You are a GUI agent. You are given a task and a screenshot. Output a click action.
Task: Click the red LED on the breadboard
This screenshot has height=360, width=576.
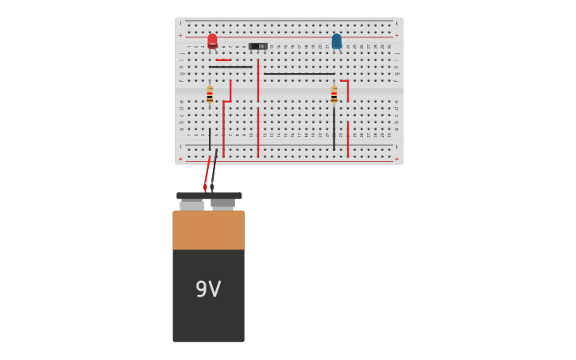tap(212, 41)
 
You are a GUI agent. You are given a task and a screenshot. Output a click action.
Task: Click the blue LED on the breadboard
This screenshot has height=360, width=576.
tap(337, 41)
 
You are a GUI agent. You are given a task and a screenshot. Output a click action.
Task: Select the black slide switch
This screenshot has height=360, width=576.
tap(257, 46)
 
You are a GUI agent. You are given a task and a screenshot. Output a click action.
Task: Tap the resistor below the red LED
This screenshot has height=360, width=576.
tap(210, 95)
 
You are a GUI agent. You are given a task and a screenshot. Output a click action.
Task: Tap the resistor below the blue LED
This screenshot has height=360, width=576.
tap(334, 95)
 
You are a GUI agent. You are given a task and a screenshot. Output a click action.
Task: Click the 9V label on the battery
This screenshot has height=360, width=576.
tap(208, 289)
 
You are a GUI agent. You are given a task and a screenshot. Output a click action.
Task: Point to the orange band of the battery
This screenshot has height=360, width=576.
tap(208, 230)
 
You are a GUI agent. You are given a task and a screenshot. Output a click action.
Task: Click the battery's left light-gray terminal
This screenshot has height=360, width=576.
tap(191, 205)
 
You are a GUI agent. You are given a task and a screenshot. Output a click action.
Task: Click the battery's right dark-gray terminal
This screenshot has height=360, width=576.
tap(223, 203)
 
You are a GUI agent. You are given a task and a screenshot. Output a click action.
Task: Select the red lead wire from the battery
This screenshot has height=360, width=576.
tap(207, 172)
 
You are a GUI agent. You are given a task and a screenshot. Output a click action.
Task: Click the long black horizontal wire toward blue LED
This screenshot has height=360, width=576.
tap(299, 74)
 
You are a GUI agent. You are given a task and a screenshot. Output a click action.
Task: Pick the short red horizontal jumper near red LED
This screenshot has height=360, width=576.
tap(223, 60)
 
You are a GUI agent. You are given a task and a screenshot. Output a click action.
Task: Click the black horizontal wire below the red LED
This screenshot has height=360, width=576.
tap(230, 67)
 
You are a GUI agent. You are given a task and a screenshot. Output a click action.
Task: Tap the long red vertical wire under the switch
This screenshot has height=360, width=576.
tap(257, 81)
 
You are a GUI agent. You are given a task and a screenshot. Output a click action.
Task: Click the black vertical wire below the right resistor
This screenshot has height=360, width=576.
tap(334, 127)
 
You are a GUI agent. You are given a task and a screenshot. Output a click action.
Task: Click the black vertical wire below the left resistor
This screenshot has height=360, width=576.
tap(210, 139)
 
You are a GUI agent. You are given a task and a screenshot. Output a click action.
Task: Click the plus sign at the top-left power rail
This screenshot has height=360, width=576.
tap(180, 35)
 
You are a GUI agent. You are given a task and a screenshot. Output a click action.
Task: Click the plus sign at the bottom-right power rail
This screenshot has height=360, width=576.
tap(396, 158)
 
